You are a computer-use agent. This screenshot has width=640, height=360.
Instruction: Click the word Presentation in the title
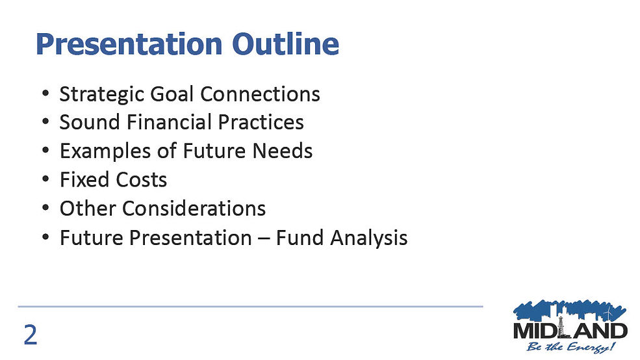coord(129,44)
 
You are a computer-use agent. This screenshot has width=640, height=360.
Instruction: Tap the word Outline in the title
coord(285,44)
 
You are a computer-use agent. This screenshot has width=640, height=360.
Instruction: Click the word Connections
coord(260,94)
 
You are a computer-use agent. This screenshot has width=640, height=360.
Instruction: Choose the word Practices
coord(261,122)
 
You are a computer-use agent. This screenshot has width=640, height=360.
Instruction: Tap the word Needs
coord(283,151)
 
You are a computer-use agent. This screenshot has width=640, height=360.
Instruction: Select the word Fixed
coord(84,179)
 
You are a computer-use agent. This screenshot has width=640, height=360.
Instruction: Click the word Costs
coord(141,179)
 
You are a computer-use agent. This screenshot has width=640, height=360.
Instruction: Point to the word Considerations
coord(194,208)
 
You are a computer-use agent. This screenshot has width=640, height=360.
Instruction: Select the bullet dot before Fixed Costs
coord(45,179)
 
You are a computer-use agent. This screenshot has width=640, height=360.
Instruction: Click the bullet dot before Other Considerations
coord(45,208)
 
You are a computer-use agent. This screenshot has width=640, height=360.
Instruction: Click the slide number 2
coord(31,335)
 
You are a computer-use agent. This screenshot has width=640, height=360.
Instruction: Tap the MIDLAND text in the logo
coord(570,330)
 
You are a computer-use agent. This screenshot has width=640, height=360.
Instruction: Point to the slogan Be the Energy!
coord(570,348)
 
